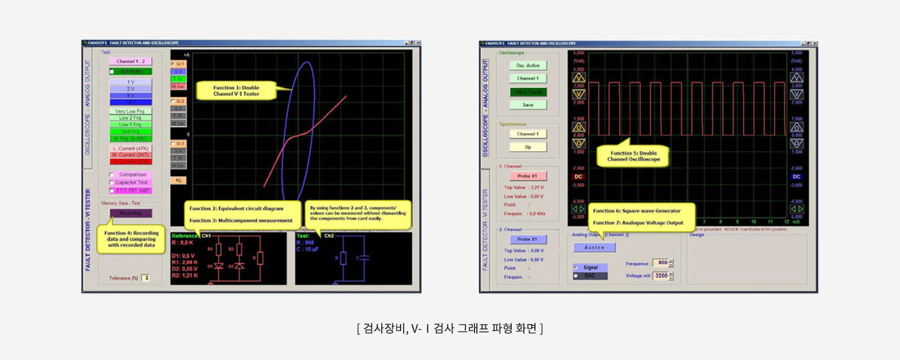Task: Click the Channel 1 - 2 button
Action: tap(130, 61)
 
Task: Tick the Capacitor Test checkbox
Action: tap(112, 183)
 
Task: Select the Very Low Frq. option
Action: tap(130, 111)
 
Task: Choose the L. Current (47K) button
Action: tap(130, 148)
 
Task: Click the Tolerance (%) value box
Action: tap(146, 278)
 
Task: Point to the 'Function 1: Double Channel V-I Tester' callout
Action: tap(236, 91)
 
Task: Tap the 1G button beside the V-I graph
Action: tap(178, 181)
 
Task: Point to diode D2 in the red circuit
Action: tap(239, 265)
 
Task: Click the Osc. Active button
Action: tap(528, 65)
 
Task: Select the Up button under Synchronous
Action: tap(528, 147)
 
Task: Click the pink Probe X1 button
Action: tap(528, 175)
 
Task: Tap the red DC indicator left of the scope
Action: tap(578, 176)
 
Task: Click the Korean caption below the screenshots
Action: tap(450, 328)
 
